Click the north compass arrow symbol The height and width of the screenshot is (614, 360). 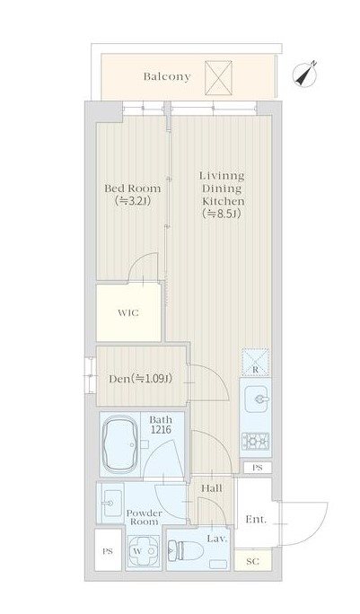click(304, 75)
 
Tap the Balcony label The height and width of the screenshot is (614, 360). click(167, 76)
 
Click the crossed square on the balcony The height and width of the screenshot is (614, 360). click(218, 78)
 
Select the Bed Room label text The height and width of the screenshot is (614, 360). click(132, 189)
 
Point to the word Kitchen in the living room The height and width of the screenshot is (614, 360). click(224, 201)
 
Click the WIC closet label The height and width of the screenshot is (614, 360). click(128, 313)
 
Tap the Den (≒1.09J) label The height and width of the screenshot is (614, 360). click(140, 379)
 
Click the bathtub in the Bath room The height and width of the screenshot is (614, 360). click(120, 444)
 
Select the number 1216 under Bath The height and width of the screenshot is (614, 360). click(161, 430)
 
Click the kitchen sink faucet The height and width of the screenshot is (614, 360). click(260, 399)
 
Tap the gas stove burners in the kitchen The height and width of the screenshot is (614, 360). click(255, 442)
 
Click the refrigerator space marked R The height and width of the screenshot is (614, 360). click(255, 363)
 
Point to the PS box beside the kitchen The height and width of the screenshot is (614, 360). click(257, 468)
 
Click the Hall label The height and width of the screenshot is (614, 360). click(212, 488)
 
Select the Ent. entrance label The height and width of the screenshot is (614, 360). click(256, 520)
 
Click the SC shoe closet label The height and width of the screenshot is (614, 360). click(252, 562)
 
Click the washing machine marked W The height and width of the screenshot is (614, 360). click(144, 550)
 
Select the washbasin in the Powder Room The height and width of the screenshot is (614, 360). click(111, 503)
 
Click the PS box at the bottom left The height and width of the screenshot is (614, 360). click(108, 551)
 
